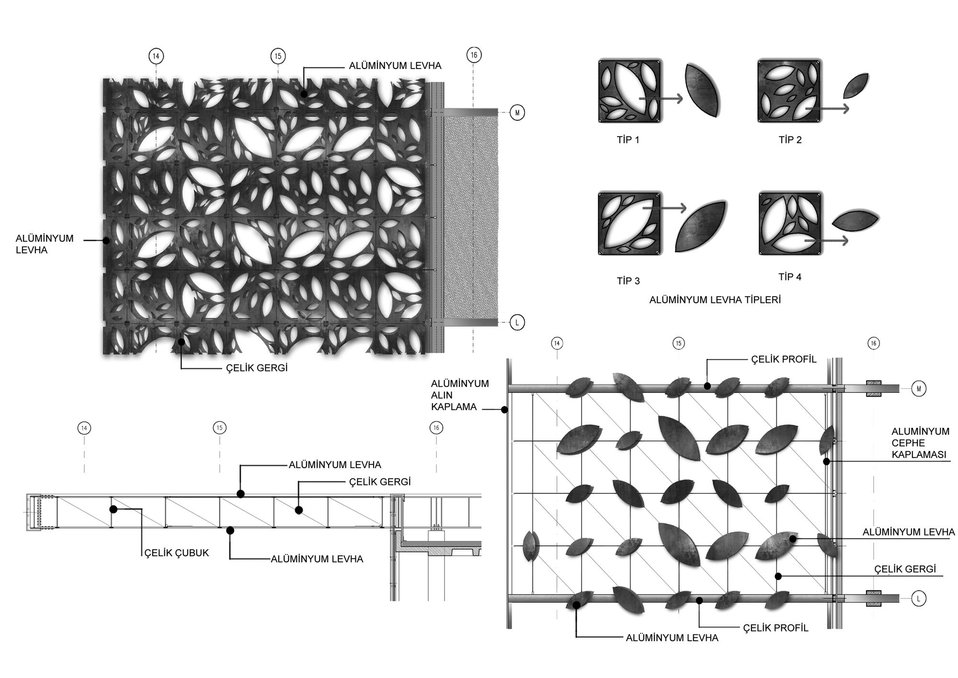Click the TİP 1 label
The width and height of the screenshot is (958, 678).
(628, 140)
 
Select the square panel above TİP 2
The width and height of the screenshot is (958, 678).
(789, 91)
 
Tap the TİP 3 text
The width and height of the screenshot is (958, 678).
(628, 281)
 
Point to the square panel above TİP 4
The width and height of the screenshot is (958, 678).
(790, 223)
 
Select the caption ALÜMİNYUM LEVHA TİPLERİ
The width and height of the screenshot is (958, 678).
(715, 300)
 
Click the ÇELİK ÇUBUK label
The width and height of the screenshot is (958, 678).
(177, 552)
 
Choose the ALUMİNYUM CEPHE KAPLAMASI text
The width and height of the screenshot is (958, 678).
(920, 443)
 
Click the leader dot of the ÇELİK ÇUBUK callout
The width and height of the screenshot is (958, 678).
(114, 509)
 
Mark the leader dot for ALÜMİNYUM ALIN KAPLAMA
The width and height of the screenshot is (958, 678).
(504, 410)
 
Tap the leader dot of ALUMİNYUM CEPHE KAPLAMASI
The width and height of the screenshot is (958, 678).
(826, 461)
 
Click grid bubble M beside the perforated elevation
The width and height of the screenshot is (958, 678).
(517, 113)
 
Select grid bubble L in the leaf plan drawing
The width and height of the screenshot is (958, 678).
(918, 598)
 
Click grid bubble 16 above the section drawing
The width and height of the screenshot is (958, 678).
(436, 428)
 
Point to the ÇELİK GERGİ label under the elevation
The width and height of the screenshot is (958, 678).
(257, 368)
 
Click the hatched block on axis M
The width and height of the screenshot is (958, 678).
(874, 389)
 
